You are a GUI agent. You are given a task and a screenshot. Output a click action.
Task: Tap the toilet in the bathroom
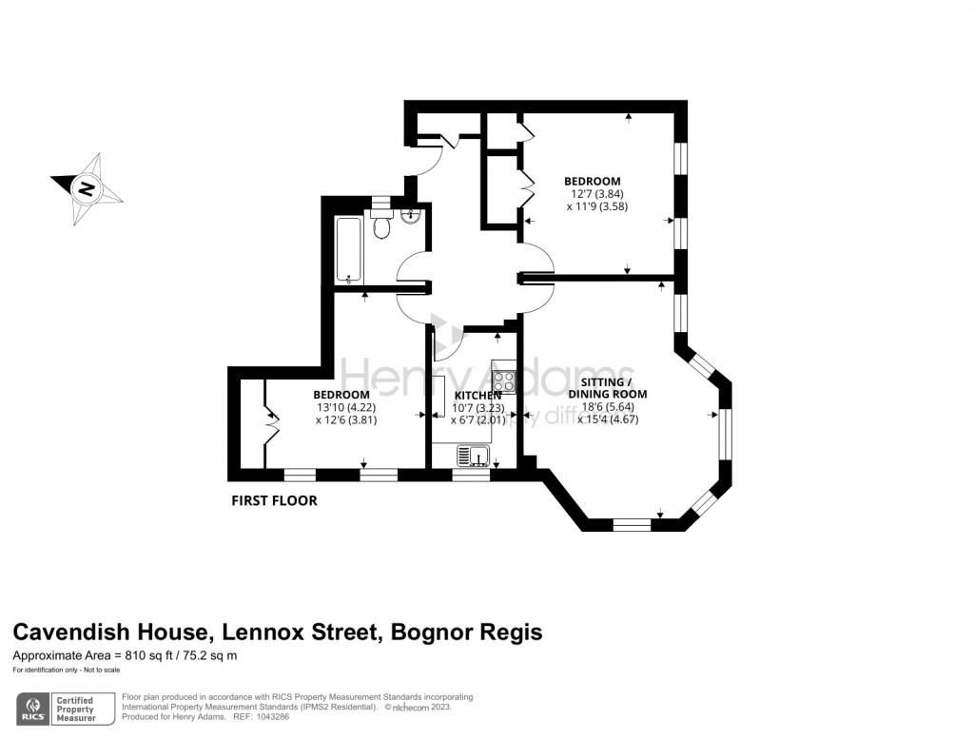[x=381, y=227]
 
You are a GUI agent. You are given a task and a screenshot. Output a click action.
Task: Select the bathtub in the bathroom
[x=348, y=250]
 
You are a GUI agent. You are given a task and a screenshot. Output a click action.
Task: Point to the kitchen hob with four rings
[x=504, y=381]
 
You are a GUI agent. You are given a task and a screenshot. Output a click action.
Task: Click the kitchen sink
[x=472, y=458]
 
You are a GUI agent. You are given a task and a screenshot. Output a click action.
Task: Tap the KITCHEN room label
[x=477, y=396]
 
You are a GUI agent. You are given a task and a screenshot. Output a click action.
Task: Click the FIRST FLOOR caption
[x=275, y=500]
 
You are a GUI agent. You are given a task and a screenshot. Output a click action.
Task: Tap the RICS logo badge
[x=37, y=709]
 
